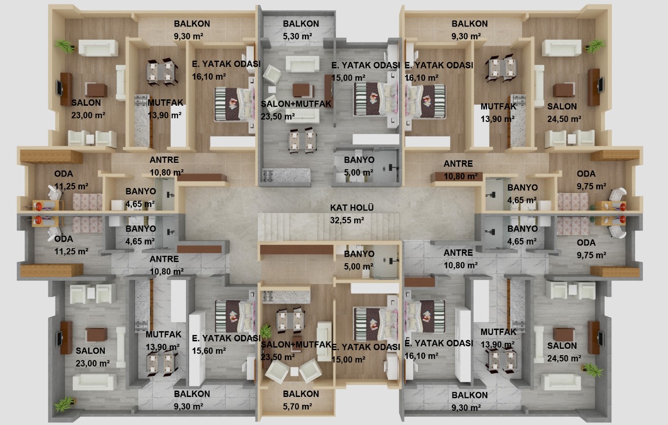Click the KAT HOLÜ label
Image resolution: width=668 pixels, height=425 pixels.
(352, 208)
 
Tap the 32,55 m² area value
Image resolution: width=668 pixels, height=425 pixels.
(347, 220)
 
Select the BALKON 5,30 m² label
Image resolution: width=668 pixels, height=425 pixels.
(301, 30)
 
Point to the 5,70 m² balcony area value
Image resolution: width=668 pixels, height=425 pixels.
(297, 406)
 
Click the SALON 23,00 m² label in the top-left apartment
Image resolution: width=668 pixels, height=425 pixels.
(88, 109)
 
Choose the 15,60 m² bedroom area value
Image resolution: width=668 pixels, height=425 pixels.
(209, 351)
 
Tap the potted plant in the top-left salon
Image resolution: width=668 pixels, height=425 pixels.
(65, 46)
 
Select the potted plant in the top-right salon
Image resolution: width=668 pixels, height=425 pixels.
(595, 46)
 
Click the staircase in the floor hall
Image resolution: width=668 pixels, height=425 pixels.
(328, 227)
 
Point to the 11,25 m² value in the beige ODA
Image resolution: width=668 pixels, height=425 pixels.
(71, 186)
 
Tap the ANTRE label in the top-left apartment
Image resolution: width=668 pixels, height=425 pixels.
(164, 160)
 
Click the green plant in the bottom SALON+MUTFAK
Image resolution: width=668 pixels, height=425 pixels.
(266, 332)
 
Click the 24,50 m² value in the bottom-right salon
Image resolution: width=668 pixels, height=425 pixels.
(564, 358)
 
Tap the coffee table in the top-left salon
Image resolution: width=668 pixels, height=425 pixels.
(96, 90)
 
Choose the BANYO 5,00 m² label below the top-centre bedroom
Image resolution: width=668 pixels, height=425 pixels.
(359, 166)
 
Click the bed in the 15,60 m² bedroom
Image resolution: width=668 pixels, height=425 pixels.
(235, 316)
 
